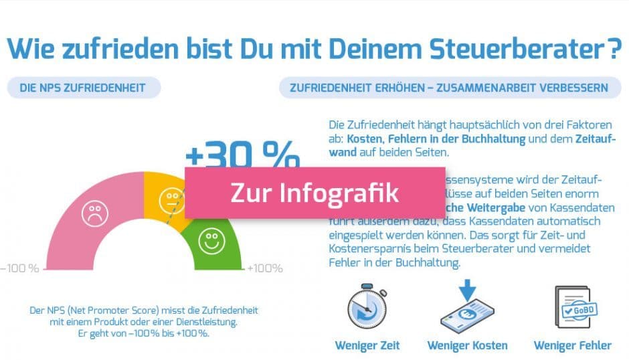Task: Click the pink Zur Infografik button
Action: point(314,193)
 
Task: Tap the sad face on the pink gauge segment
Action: point(95,213)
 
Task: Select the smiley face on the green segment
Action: point(212,241)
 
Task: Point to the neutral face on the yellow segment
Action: point(170,199)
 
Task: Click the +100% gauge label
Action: point(265,268)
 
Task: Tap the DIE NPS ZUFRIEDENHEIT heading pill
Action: point(83,88)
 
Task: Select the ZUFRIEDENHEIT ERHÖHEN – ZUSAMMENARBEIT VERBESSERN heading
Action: point(448,88)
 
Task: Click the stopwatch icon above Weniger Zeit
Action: point(367,306)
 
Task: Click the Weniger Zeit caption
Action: point(367,345)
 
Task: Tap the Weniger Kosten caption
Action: point(467,345)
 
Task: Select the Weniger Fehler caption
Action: point(572,345)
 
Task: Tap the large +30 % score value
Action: point(242,155)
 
